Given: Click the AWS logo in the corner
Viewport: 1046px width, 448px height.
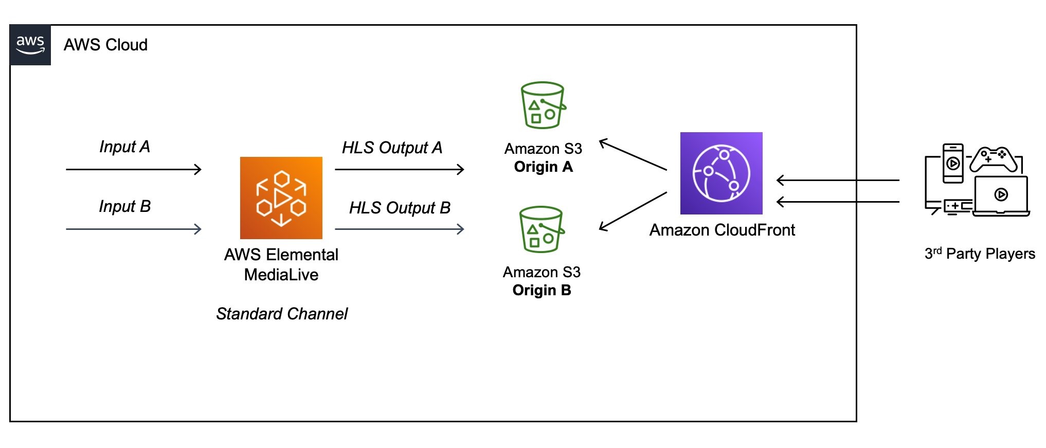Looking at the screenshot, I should coord(30,45).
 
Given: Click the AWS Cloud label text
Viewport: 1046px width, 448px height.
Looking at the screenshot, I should coord(105,45).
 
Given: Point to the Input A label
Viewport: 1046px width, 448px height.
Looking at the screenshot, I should coord(124,147).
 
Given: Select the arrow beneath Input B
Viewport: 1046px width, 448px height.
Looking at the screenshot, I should coord(134,229).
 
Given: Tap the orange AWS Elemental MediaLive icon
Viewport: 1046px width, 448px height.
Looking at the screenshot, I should coord(281,198).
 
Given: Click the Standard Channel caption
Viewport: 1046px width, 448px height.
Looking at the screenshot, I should coord(282,314).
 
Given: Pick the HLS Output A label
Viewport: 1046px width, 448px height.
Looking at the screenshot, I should coord(392,148).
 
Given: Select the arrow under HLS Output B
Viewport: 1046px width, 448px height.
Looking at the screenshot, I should coord(399,229).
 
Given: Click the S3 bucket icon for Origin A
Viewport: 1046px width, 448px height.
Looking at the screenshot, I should coord(542,105).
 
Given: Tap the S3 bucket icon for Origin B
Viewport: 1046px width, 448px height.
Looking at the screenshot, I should coord(541,229).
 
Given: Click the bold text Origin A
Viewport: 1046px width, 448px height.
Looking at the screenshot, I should coord(543,167).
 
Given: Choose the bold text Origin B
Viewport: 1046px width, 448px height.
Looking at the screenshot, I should coord(542,290).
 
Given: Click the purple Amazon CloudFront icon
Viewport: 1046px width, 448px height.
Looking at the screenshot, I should coord(721,173).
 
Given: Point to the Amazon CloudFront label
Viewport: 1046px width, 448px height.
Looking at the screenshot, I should coord(722,230).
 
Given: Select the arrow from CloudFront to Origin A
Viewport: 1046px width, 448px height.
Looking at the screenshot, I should coord(633,155).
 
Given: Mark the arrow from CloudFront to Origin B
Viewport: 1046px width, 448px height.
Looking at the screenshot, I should coord(633,211).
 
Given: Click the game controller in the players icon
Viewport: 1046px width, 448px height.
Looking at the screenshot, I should coord(993,159).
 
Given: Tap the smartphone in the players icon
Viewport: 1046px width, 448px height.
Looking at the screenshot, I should coord(952,164).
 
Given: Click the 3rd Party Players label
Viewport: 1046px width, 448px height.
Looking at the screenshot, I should coord(980,254).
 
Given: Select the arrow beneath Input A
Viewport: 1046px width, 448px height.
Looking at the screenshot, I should coord(134,169).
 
